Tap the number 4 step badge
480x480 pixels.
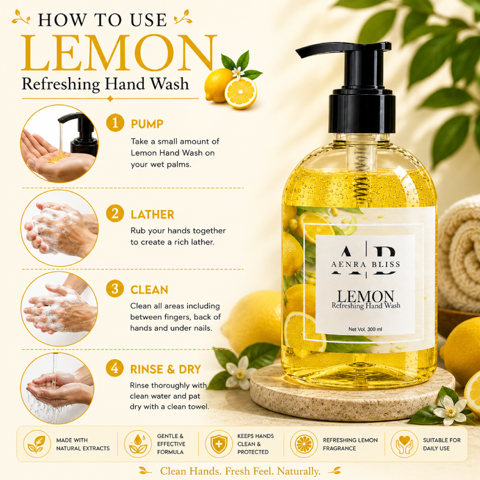(x=115, y=368)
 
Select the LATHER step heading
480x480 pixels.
(x=152, y=215)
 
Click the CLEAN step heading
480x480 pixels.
(x=149, y=290)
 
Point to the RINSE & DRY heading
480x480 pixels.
(x=166, y=369)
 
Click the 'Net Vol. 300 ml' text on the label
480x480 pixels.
(x=365, y=329)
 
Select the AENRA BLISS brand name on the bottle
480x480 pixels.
(x=366, y=264)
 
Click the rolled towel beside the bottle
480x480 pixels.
(x=459, y=254)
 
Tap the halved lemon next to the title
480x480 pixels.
(x=240, y=93)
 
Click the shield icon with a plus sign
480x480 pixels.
(x=219, y=444)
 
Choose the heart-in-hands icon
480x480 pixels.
(x=404, y=444)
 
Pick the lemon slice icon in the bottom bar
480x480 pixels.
(x=304, y=444)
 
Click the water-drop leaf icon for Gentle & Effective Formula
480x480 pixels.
(x=138, y=444)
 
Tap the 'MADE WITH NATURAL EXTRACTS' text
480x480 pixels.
(x=83, y=444)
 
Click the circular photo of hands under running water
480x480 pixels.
(x=57, y=388)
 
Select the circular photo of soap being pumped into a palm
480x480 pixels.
(x=60, y=144)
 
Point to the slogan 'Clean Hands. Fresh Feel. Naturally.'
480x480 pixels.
(x=240, y=471)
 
